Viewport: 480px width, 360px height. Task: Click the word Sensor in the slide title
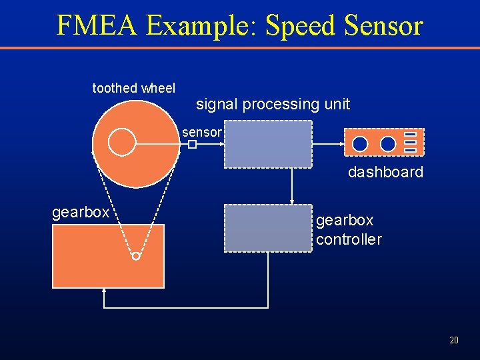click(383, 25)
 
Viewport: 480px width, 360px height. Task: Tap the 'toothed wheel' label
click(133, 88)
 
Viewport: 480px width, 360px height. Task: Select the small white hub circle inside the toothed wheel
click(122, 142)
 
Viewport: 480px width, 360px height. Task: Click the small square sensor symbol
click(191, 144)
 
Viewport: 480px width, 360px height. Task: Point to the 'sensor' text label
click(201, 133)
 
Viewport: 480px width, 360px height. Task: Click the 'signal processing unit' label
click(273, 104)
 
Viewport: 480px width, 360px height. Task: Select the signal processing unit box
click(268, 144)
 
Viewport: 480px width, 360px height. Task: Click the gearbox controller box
click(268, 228)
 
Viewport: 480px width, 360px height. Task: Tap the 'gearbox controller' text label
click(349, 229)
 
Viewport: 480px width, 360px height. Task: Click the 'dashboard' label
click(385, 172)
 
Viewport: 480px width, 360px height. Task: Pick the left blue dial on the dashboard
click(360, 143)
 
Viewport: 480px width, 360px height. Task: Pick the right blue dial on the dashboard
click(388, 143)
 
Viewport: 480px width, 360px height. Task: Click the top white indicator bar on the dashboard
click(411, 135)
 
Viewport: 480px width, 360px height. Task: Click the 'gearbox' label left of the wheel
click(81, 212)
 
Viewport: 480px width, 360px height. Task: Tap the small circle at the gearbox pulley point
click(136, 256)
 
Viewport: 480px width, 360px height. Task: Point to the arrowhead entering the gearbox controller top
click(291, 201)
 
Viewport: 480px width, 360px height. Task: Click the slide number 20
click(454, 340)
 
